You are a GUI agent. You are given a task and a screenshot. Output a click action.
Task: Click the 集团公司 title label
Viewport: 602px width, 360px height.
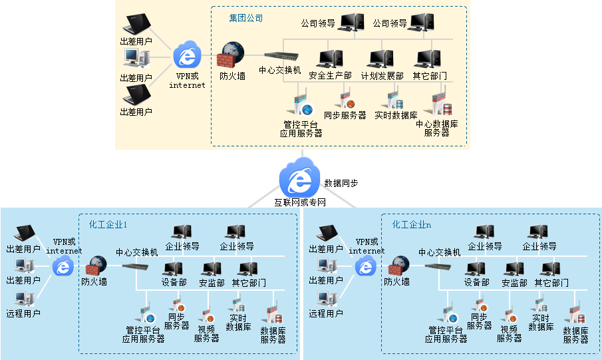(x=246, y=19)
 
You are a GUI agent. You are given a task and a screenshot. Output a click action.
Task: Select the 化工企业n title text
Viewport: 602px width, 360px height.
(x=411, y=224)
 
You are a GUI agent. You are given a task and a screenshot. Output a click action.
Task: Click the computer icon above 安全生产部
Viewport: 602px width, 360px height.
(x=329, y=59)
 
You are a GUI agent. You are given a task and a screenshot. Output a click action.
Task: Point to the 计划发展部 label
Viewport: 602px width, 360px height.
(x=382, y=76)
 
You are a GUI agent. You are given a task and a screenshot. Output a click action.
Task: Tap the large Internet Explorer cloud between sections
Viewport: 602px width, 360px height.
(x=299, y=177)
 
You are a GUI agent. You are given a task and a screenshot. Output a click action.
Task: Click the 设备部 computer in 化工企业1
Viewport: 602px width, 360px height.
(x=173, y=270)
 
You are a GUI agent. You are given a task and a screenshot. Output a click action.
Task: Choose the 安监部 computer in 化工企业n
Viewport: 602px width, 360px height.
(x=514, y=270)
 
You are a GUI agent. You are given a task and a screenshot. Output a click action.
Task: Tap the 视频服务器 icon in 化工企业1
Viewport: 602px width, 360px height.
(x=206, y=315)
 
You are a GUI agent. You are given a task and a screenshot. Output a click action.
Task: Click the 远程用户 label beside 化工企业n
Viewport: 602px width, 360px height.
(x=326, y=313)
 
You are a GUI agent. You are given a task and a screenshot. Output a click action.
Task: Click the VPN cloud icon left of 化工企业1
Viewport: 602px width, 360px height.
(x=64, y=267)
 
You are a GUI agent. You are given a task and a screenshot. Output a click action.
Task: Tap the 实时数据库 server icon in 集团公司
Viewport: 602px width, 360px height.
(x=395, y=100)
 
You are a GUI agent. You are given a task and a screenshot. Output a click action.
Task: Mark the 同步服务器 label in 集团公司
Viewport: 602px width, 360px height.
(x=345, y=115)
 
